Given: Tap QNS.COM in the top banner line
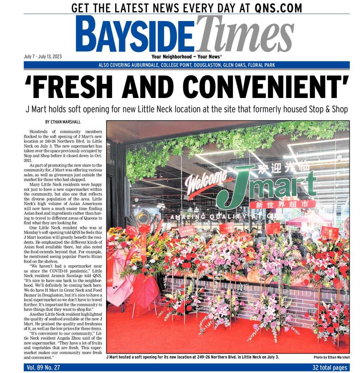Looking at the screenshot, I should pyautogui.click(x=277, y=7).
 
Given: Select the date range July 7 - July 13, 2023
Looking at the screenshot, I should pyautogui.click(x=43, y=57).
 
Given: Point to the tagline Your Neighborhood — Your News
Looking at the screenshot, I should pyautogui.click(x=186, y=57).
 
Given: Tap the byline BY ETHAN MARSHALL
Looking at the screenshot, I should pyautogui.click(x=63, y=122).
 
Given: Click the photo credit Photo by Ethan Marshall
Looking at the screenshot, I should pyautogui.click(x=332, y=357).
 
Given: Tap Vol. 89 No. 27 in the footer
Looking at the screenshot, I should pyautogui.click(x=43, y=367).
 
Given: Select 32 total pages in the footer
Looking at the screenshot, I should pyautogui.click(x=329, y=367).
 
